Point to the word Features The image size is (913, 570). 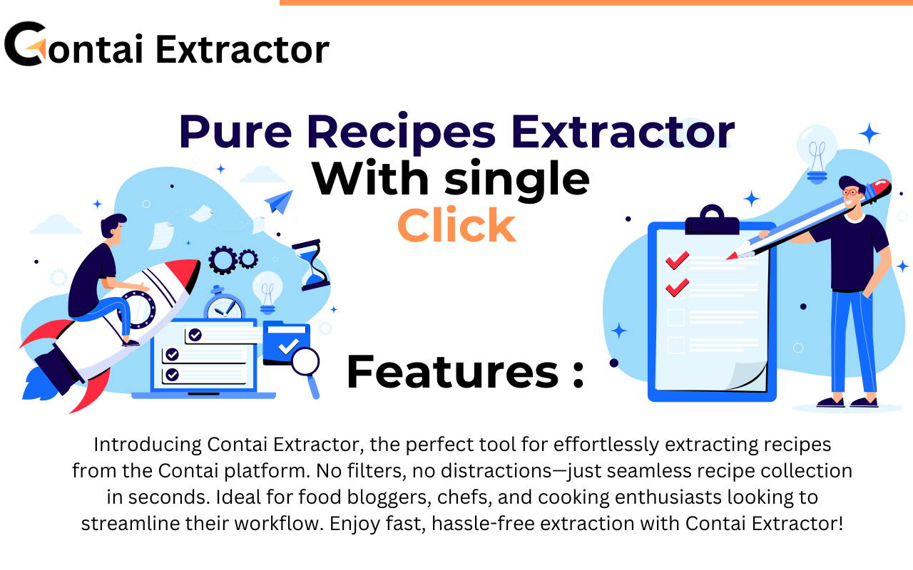coord(454,372)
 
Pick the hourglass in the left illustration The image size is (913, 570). coord(310,264)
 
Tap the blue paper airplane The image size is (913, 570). coord(279,201)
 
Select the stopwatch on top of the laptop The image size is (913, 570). coord(224,304)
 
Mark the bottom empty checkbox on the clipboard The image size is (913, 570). coord(675,345)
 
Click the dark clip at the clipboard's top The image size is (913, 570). coord(711,221)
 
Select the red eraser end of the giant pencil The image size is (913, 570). coord(882,187)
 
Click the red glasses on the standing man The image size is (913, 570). coord(850,191)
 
